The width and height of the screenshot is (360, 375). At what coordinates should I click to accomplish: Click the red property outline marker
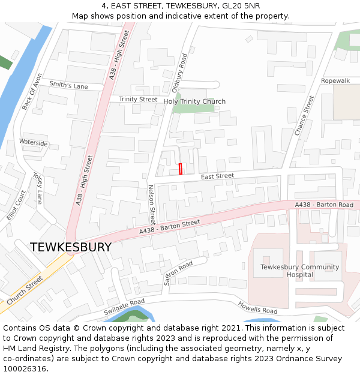pos(180,169)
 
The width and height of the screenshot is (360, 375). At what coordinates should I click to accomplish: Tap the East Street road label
pos(217,176)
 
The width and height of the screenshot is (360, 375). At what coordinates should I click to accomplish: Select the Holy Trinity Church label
pos(194,101)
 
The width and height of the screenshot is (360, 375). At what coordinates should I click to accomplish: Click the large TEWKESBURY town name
pos(71,247)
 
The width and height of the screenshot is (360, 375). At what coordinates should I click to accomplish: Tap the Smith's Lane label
pos(68,86)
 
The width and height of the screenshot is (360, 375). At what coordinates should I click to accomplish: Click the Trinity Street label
pos(138,99)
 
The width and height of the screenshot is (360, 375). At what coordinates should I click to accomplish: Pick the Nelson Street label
pos(152,204)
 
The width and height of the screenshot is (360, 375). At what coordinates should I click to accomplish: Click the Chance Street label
pos(304,115)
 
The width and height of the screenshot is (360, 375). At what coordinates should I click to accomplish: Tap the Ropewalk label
pos(335,80)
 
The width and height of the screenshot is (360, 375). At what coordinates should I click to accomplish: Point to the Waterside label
pos(33,143)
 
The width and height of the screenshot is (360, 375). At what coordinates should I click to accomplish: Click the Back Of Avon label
pos(32,92)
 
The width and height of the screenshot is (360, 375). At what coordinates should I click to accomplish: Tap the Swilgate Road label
pos(124,308)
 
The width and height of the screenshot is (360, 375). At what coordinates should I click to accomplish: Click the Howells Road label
pos(257,307)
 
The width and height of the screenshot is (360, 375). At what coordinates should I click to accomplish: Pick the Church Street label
pos(25,290)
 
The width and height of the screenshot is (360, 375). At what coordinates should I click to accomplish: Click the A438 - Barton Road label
pos(324,205)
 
